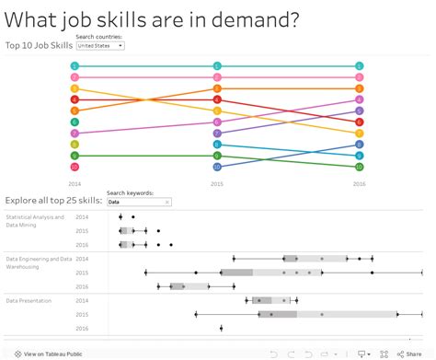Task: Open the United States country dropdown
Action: click(x=100, y=45)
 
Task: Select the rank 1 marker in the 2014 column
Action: click(x=75, y=65)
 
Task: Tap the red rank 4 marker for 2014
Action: click(x=75, y=99)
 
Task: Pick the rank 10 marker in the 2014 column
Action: click(x=75, y=167)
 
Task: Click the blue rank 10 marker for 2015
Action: click(x=217, y=167)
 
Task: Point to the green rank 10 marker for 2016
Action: click(x=360, y=167)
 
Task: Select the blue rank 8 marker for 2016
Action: click(x=360, y=145)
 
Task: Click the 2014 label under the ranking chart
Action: click(x=75, y=183)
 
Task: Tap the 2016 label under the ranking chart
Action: click(x=360, y=183)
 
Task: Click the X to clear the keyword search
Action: click(x=167, y=202)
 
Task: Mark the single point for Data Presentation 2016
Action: click(x=222, y=328)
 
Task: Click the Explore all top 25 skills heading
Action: click(x=52, y=200)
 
